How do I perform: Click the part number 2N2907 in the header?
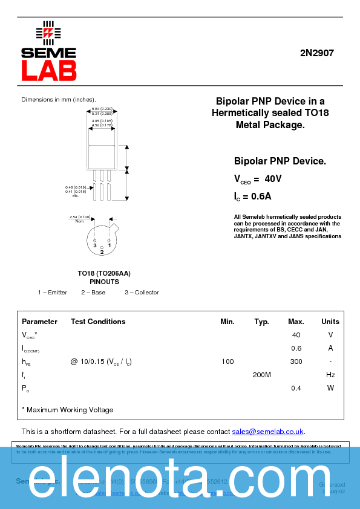(316, 53)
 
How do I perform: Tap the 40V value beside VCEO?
(273, 179)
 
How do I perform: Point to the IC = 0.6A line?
(253, 196)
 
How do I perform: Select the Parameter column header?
(39, 322)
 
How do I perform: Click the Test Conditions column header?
(98, 322)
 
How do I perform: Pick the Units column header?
(330, 322)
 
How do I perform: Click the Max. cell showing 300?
(296, 361)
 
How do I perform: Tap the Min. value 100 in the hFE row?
(227, 361)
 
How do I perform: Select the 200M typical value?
(261, 375)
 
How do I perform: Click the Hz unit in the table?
(330, 375)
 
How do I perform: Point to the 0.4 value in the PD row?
(296, 388)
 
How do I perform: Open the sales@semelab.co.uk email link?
(268, 432)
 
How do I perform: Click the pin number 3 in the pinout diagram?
(94, 245)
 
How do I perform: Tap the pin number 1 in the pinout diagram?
(110, 245)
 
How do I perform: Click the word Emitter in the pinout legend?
(57, 293)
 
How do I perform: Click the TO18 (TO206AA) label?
(104, 273)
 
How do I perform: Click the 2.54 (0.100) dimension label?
(80, 216)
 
